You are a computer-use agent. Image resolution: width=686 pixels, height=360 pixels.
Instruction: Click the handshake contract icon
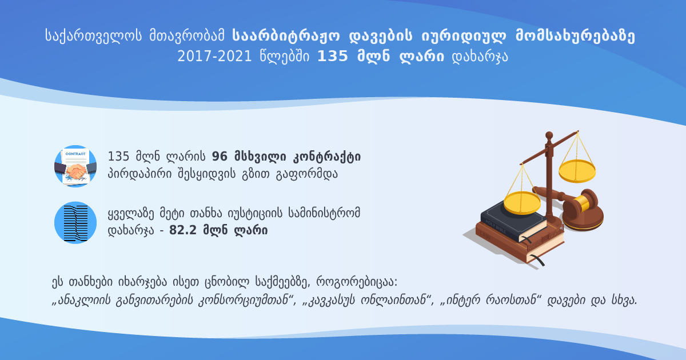click(75, 166)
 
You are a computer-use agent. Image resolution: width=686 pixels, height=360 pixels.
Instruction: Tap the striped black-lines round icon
click(75, 222)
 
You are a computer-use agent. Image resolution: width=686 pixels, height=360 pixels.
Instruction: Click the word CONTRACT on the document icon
click(75, 154)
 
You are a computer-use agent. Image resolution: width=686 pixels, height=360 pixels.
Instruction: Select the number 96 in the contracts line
click(220, 157)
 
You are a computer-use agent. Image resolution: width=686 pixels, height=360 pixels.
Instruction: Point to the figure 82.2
click(182, 230)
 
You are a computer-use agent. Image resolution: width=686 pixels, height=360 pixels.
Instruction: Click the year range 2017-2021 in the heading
click(214, 57)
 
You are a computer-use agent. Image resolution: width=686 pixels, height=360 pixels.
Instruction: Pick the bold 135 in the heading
click(333, 57)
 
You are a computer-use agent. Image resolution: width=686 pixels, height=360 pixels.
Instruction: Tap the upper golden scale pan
click(577, 171)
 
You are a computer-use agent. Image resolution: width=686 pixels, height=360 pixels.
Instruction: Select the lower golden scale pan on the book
click(522, 202)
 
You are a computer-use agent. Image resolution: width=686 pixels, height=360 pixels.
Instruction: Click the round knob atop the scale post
click(549, 135)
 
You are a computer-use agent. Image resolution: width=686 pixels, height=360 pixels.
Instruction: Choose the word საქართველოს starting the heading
click(93, 35)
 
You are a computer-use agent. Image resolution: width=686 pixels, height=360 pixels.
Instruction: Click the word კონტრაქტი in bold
click(327, 157)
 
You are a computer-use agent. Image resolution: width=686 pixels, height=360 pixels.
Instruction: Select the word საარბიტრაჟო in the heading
click(286, 35)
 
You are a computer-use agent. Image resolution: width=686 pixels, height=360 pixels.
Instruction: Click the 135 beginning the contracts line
click(118, 157)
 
